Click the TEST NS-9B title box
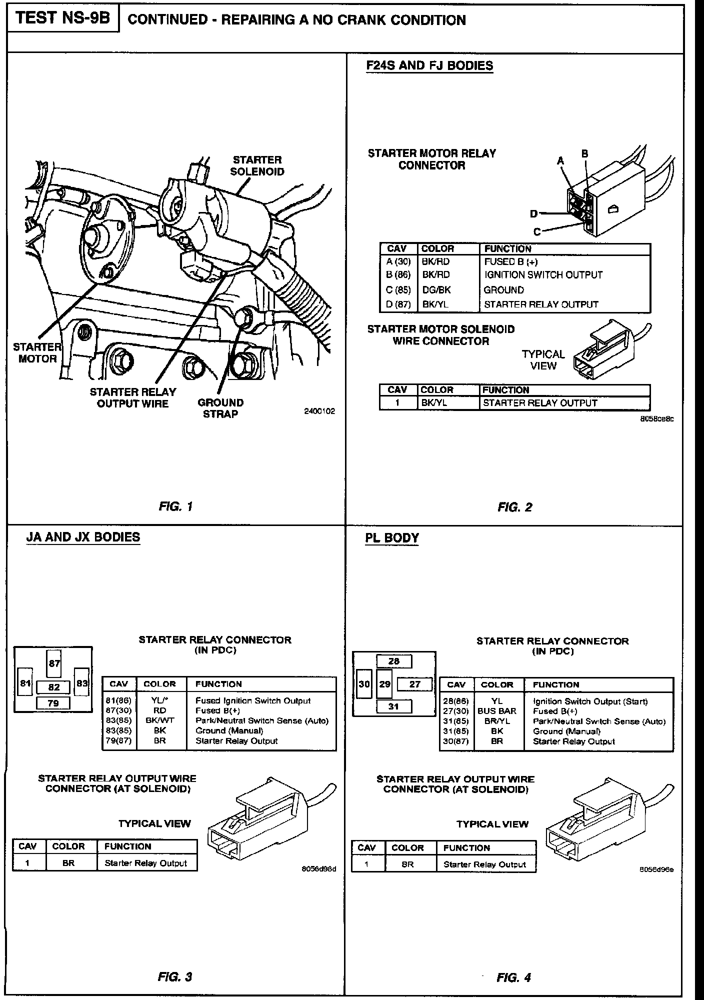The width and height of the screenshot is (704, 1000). click(x=62, y=18)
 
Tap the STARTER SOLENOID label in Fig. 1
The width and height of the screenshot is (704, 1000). click(x=257, y=165)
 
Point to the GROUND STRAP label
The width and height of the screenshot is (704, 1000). click(x=220, y=408)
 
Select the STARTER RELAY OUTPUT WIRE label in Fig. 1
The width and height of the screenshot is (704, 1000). click(x=133, y=397)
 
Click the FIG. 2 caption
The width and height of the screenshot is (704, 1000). click(x=514, y=507)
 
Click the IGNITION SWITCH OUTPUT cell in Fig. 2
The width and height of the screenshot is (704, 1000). click(x=543, y=275)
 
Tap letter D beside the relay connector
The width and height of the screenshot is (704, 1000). click(x=534, y=214)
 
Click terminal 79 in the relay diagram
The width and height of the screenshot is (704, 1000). click(x=53, y=703)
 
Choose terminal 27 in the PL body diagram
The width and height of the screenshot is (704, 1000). click(x=415, y=684)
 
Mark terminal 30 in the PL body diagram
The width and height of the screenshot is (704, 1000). click(x=364, y=684)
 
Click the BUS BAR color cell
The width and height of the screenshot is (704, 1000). click(x=496, y=711)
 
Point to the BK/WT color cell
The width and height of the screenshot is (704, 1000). click(x=159, y=720)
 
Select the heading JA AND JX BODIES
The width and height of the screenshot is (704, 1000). click(x=83, y=537)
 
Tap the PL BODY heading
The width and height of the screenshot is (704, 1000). click(x=392, y=538)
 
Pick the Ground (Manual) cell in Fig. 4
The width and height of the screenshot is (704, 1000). click(x=566, y=731)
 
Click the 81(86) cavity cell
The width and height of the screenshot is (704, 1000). click(x=119, y=700)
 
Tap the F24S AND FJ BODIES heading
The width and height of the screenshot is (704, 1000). click(x=429, y=65)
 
